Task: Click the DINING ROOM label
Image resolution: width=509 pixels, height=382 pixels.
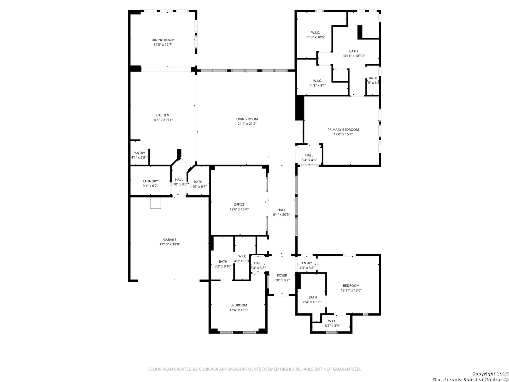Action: pyautogui.click(x=163, y=40)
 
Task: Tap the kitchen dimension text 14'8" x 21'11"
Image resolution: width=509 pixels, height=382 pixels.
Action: pyautogui.click(x=162, y=120)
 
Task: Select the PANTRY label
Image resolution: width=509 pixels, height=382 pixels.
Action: pyautogui.click(x=139, y=153)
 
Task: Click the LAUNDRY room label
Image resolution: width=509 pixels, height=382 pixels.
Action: pyautogui.click(x=150, y=181)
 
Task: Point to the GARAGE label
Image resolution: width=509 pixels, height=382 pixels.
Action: pyautogui.click(x=170, y=239)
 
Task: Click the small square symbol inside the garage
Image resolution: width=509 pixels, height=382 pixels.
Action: pyautogui.click(x=155, y=203)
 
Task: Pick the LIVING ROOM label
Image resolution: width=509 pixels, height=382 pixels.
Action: pyautogui.click(x=247, y=119)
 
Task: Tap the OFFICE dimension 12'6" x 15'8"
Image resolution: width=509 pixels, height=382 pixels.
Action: pyautogui.click(x=239, y=209)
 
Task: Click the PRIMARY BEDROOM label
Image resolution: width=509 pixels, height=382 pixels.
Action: pyautogui.click(x=343, y=130)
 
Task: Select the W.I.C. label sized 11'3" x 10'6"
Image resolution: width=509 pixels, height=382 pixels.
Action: pyautogui.click(x=315, y=32)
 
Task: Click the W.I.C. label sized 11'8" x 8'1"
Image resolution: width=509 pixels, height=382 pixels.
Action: pyautogui.click(x=317, y=81)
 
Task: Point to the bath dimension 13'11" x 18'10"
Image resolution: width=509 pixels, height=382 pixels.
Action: pyautogui.click(x=353, y=56)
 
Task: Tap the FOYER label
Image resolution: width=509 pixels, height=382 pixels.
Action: pyautogui.click(x=282, y=275)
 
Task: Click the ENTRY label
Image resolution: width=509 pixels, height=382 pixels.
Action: pyautogui.click(x=307, y=263)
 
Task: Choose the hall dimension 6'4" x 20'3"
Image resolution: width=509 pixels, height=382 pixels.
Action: pyautogui.click(x=281, y=215)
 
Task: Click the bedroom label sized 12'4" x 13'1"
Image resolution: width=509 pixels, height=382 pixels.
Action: pyautogui.click(x=239, y=305)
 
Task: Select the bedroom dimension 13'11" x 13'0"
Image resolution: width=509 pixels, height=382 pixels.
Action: pyautogui.click(x=351, y=290)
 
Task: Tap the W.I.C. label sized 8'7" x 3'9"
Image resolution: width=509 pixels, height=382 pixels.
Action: pyautogui.click(x=332, y=321)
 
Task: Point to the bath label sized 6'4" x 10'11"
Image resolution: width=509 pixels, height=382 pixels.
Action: pyautogui.click(x=313, y=297)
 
